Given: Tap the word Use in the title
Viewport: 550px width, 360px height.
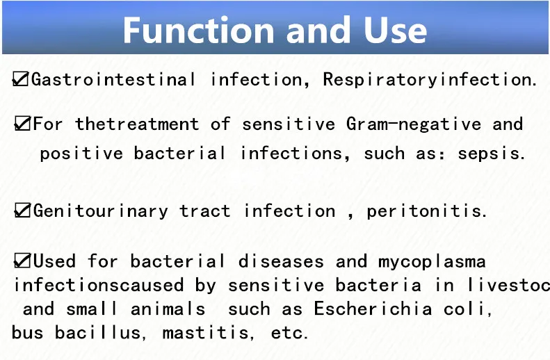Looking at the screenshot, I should pyautogui.click(x=393, y=30).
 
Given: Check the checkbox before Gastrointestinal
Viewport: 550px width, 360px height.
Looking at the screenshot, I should pyautogui.click(x=21, y=79).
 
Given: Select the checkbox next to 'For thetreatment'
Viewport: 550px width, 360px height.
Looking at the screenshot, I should pyautogui.click(x=22, y=124).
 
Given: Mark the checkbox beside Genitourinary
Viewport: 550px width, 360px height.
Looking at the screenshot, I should pyautogui.click(x=22, y=211).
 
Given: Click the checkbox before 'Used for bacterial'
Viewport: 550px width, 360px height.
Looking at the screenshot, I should pyautogui.click(x=22, y=261).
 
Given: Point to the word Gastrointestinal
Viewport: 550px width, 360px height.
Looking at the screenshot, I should pyautogui.click(x=114, y=79).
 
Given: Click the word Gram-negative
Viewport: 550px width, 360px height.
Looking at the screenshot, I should pyautogui.click(x=414, y=124).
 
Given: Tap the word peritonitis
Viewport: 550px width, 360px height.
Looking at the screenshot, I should pyautogui.click(x=426, y=211).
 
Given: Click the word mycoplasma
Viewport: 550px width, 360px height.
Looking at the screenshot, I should pyautogui.click(x=432, y=262).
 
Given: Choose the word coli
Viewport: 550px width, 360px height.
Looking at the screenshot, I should pyautogui.click(x=468, y=309).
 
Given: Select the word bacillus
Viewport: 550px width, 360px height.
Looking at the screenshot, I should pyautogui.click(x=97, y=333).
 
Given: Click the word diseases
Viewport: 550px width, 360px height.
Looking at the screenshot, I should pyautogui.click(x=281, y=262).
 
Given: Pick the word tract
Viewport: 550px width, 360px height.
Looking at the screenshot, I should pyautogui.click(x=204, y=211).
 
